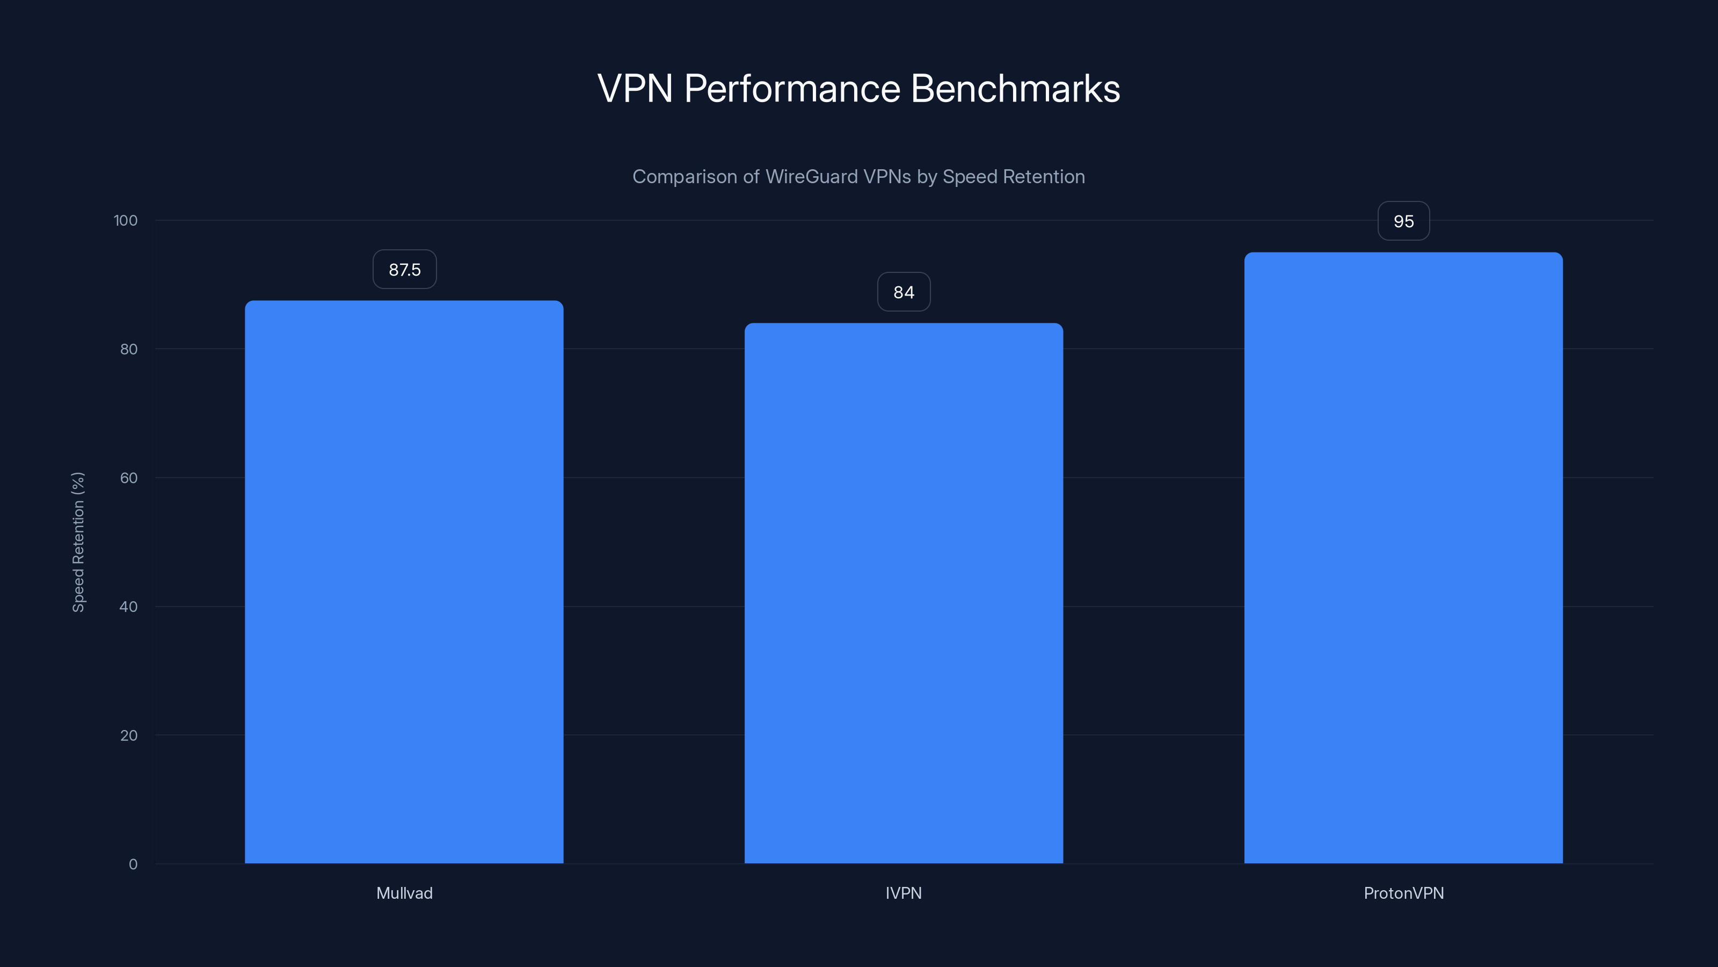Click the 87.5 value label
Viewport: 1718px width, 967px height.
pos(405,270)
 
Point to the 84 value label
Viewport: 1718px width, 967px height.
pos(904,292)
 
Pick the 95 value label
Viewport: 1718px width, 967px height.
pos(1403,221)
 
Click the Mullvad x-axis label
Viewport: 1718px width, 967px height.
pos(404,893)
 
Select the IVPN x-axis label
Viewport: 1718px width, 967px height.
pos(904,893)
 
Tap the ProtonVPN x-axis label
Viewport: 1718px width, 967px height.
pos(1403,893)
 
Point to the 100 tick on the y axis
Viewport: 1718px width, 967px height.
pos(126,220)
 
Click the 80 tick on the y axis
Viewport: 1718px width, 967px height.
pos(129,349)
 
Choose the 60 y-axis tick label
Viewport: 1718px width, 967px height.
pos(129,478)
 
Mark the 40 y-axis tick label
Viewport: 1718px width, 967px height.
pos(129,607)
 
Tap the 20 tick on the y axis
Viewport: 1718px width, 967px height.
pos(129,735)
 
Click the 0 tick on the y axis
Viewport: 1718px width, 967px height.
pos(133,864)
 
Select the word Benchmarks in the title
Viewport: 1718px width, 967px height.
pos(1015,89)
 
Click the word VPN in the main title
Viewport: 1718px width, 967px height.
pos(635,89)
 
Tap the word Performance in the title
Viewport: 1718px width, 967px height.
pos(792,89)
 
